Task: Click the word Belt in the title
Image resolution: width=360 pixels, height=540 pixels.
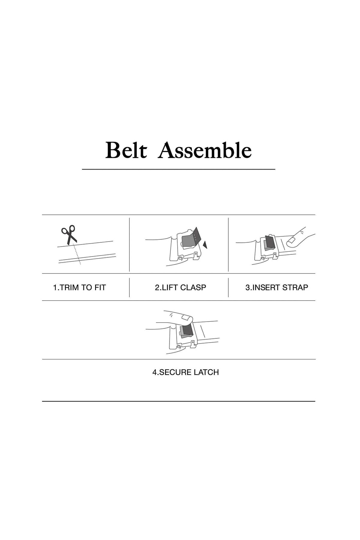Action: pyautogui.click(x=126, y=150)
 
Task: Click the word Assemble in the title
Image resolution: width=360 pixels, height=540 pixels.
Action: pyautogui.click(x=205, y=150)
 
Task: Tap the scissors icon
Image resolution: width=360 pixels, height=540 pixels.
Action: pyautogui.click(x=69, y=234)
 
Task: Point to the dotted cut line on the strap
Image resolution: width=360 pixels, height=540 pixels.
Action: pyautogui.click(x=77, y=254)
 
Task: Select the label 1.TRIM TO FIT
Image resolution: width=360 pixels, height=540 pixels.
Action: pyautogui.click(x=79, y=287)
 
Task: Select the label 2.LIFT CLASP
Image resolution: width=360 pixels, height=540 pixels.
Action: pyautogui.click(x=180, y=287)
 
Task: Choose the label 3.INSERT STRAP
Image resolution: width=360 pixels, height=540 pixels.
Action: pyautogui.click(x=277, y=287)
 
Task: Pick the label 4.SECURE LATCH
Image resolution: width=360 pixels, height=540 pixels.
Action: pyautogui.click(x=186, y=372)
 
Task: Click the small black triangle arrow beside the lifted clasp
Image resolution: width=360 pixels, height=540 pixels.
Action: pyautogui.click(x=205, y=245)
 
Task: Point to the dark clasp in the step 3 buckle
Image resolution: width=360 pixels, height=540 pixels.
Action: pyautogui.click(x=269, y=242)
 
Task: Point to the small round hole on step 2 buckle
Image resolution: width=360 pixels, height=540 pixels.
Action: pyautogui.click(x=180, y=258)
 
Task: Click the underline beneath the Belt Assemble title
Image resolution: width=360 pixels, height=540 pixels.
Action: pyautogui.click(x=178, y=169)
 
